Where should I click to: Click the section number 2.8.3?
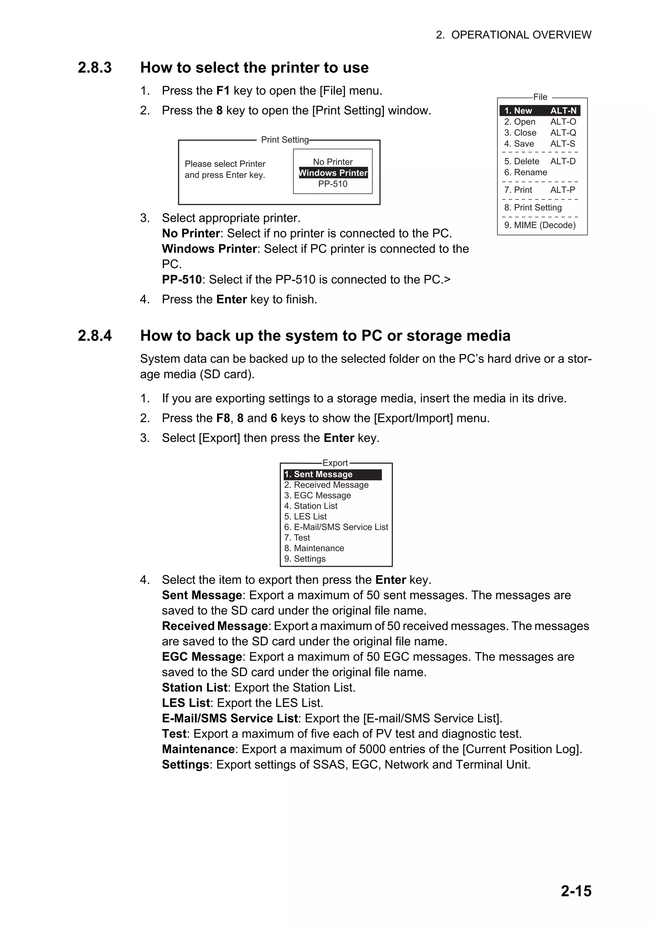95,68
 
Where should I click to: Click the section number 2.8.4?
95,336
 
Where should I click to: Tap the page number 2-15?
576,891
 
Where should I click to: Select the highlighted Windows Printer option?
333,173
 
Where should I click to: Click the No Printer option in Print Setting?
333,162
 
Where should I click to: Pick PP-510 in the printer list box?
333,184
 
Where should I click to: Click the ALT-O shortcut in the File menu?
563,122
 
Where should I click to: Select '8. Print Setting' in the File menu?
533,207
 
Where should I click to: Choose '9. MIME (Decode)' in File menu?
540,225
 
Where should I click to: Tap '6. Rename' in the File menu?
525,172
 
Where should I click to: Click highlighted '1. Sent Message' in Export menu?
318,474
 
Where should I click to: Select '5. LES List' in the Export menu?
305,516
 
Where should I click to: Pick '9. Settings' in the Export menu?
305,559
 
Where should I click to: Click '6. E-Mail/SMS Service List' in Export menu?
336,527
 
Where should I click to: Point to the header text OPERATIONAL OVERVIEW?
521,35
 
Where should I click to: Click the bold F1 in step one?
223,91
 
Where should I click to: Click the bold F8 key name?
223,418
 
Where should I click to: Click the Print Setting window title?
285,140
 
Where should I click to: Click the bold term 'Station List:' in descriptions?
195,687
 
